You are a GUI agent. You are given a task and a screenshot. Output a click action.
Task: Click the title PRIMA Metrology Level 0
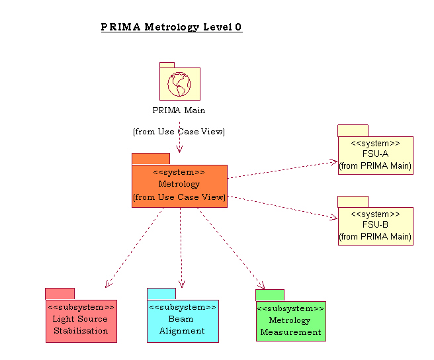171,27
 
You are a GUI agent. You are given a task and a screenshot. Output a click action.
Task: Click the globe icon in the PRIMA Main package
179,84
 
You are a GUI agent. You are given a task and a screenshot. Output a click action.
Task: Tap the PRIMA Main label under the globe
179,111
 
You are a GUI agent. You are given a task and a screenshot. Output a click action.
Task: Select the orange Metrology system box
179,185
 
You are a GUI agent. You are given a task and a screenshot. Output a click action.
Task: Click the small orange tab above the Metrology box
151,159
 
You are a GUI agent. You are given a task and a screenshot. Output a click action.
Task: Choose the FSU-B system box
375,226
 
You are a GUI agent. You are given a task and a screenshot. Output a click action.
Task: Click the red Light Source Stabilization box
81,321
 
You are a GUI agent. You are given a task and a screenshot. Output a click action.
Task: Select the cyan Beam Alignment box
183,321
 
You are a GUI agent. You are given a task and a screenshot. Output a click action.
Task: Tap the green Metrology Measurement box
290,321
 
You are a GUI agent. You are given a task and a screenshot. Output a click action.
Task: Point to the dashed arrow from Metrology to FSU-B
281,206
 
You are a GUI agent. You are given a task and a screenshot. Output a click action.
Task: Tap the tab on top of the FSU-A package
353,130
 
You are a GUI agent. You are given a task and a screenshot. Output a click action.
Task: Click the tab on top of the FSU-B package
353,201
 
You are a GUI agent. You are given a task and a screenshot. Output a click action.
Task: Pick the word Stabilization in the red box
81,331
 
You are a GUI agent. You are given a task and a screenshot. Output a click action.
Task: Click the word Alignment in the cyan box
182,331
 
